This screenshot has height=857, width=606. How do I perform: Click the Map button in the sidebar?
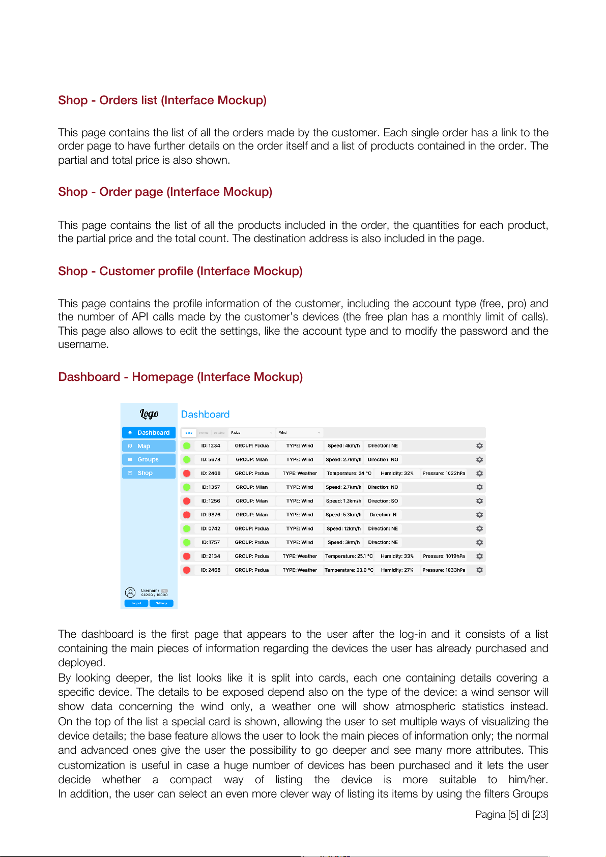149,446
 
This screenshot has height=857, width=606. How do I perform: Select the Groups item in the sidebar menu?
149,459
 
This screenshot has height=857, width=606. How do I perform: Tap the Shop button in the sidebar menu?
149,473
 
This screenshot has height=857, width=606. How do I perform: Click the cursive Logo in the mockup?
149,414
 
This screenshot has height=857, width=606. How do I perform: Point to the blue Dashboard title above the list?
205,415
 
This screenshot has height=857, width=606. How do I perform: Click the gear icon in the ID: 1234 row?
479,446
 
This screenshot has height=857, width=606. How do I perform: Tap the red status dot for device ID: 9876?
187,515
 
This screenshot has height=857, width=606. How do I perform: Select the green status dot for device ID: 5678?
187,459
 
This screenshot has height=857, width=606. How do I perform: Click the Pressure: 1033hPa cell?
444,570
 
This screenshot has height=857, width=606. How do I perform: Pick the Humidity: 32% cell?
397,473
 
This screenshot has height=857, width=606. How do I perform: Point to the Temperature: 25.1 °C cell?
349,556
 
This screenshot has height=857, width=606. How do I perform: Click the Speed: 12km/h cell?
343,528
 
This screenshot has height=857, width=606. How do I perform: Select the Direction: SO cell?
383,501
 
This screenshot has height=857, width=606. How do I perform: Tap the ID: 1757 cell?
211,542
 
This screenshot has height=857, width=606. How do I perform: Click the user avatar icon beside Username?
130,593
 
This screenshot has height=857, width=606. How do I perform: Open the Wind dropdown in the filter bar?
300,433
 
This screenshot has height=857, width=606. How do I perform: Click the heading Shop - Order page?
165,192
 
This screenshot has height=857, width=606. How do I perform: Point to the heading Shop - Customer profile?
180,271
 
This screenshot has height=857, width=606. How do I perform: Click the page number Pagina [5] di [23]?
511,814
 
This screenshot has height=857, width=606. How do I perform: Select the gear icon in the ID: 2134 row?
479,556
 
